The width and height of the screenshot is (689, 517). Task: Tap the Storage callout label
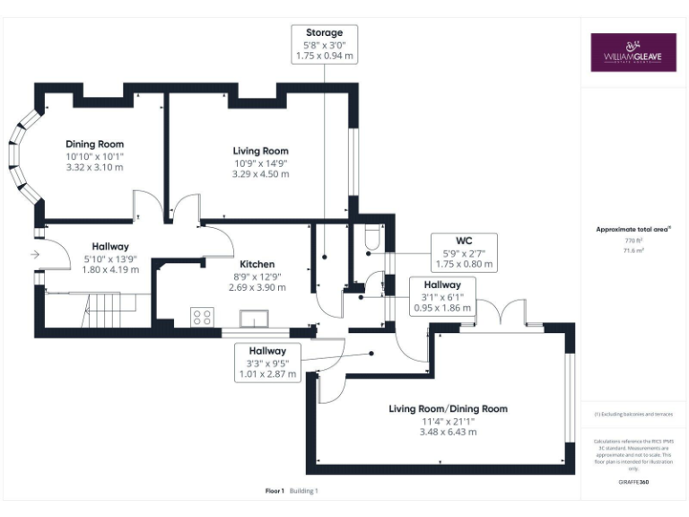click(324, 44)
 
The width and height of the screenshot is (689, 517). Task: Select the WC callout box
click(463, 252)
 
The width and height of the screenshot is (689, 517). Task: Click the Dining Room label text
click(94, 144)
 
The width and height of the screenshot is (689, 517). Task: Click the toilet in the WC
click(372, 240)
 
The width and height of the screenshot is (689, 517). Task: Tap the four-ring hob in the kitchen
click(202, 316)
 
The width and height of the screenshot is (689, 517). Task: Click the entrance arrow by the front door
click(35, 255)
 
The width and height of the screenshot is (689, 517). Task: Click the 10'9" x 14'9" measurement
click(260, 162)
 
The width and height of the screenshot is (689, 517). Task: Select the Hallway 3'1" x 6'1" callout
click(442, 295)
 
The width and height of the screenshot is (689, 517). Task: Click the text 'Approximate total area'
click(632, 229)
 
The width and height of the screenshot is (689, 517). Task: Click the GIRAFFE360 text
click(633, 483)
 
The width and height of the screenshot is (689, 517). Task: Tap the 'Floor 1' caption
click(275, 491)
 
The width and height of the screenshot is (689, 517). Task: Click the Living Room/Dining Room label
click(448, 408)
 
